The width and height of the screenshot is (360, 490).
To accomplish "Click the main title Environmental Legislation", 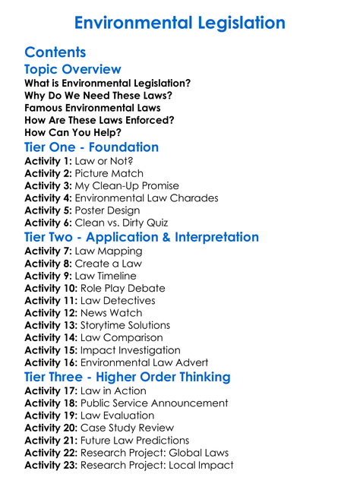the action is click(180, 22).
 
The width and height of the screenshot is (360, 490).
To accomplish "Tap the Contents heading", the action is click(55, 52).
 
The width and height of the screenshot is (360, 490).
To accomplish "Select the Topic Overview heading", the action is click(72, 70).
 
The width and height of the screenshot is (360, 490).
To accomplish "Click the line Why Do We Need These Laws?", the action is click(98, 95).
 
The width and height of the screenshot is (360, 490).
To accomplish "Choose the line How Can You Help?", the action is click(73, 131).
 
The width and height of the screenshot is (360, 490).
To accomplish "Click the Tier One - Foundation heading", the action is click(91, 147).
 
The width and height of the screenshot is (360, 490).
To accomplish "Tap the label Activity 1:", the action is click(48, 161).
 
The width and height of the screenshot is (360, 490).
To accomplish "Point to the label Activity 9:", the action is click(48, 276).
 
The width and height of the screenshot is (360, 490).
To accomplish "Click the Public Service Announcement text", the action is click(154, 403).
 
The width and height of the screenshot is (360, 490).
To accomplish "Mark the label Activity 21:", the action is click(51, 441).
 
